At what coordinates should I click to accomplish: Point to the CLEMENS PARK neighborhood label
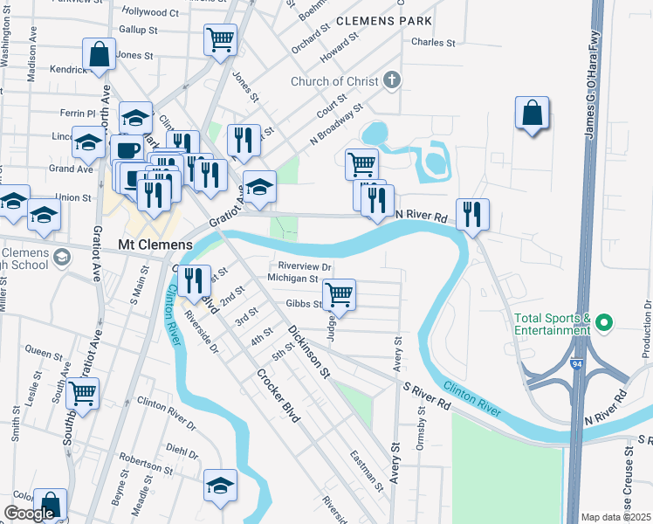384,18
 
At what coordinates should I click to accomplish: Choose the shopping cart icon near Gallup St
220,38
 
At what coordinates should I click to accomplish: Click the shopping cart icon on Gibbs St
339,293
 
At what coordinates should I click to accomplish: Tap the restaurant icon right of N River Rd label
472,214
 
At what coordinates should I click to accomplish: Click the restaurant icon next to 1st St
194,279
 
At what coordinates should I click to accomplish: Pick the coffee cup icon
127,149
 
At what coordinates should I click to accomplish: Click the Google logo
29,514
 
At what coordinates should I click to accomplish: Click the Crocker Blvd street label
278,396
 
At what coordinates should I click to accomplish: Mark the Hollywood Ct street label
150,13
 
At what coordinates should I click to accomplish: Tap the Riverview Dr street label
305,266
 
